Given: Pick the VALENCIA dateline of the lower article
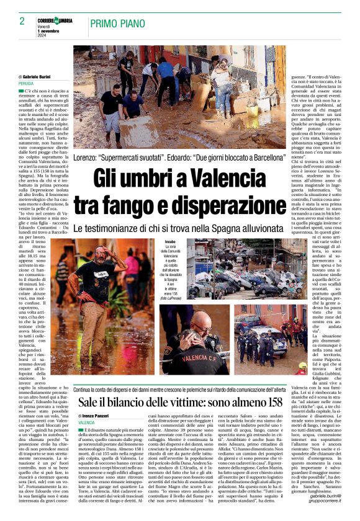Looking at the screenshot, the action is [87, 422].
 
